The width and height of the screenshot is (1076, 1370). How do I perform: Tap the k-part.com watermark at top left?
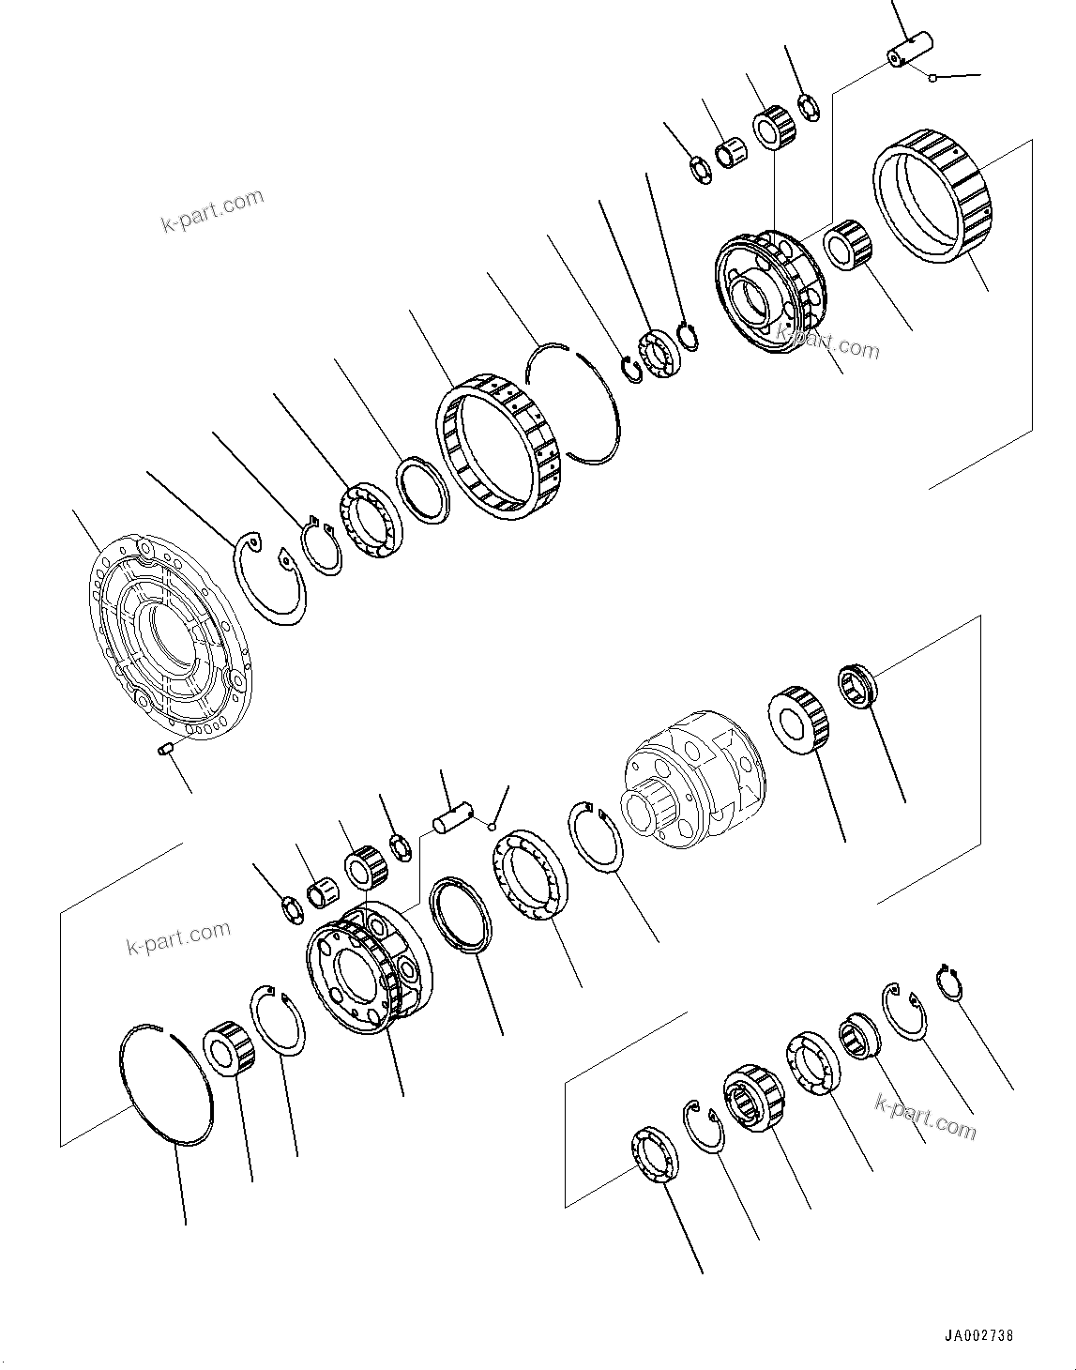tap(212, 212)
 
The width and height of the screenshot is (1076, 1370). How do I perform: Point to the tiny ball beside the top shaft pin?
tap(932, 79)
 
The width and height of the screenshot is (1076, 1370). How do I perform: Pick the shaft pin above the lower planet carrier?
tap(453, 814)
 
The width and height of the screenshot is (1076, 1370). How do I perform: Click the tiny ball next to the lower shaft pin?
tap(491, 825)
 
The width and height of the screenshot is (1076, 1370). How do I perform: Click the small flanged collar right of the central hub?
tap(857, 684)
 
